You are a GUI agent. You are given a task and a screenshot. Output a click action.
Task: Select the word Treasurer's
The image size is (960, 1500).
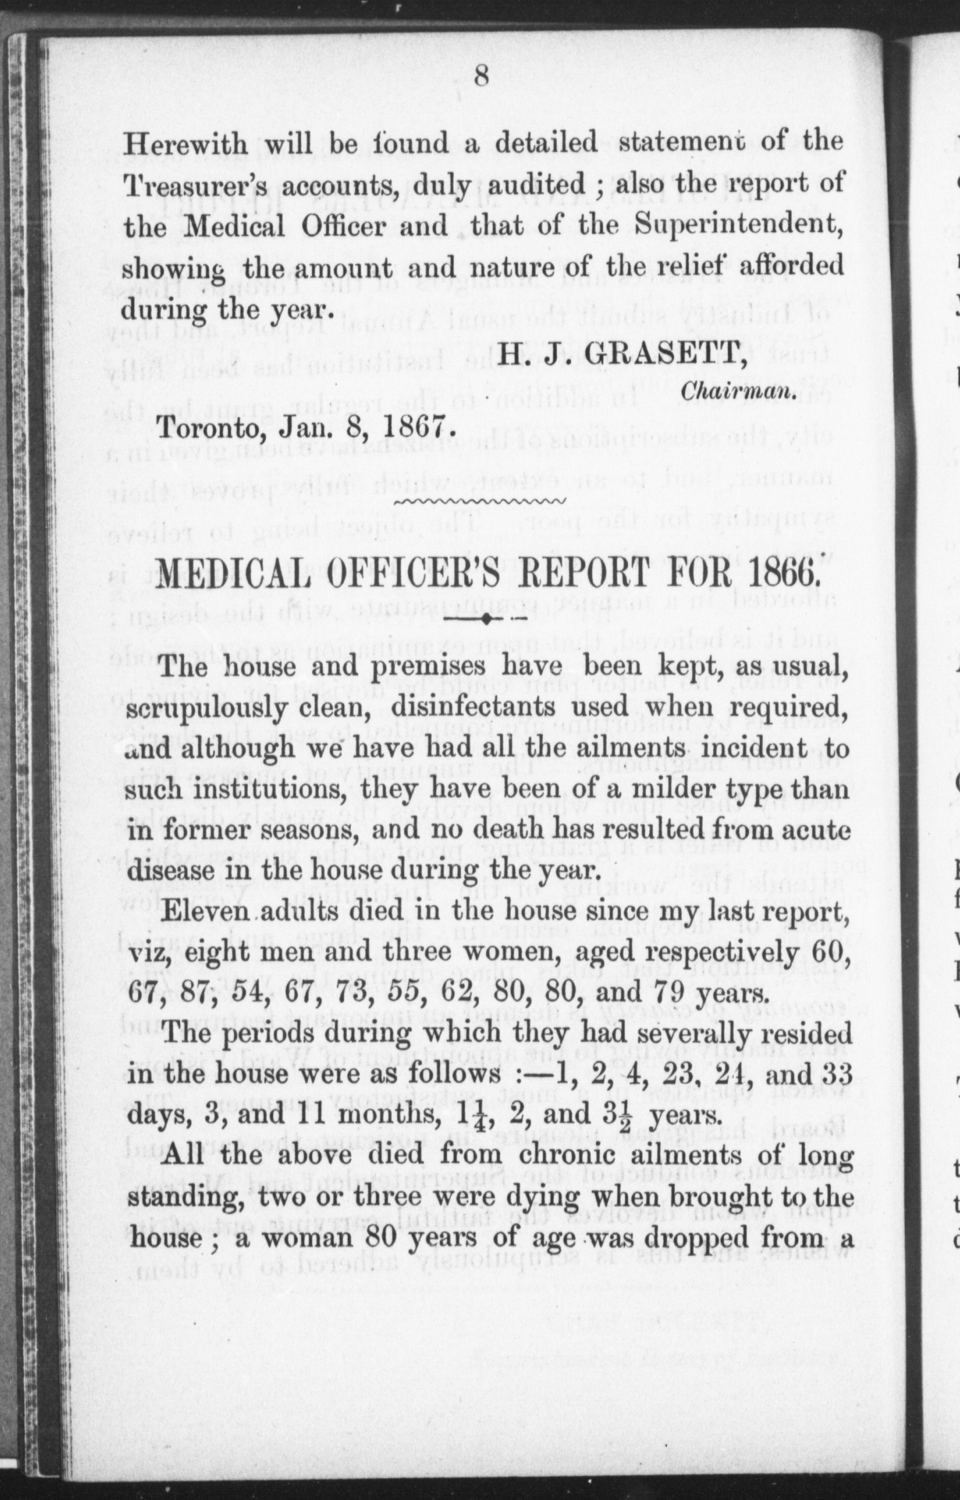click(x=193, y=185)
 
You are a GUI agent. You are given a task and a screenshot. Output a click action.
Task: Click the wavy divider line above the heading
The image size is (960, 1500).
click(x=480, y=501)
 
